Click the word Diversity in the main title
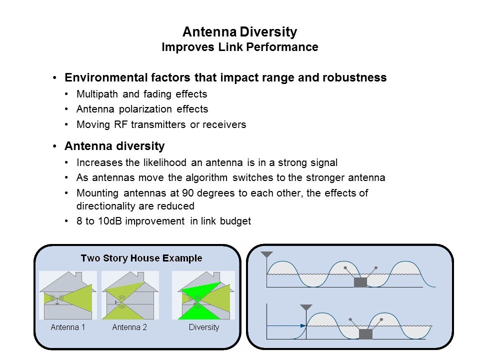pos(268,32)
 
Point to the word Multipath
pos(97,94)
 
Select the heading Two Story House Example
pos(141,258)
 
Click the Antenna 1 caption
pos(67,327)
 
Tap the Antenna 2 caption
pos(129,327)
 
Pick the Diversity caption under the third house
pos(204,327)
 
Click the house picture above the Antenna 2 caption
pos(130,295)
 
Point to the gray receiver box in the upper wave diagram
pos(360,282)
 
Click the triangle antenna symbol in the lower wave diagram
pos(306,307)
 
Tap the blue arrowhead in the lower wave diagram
pos(303,325)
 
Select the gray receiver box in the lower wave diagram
pos(365,334)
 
